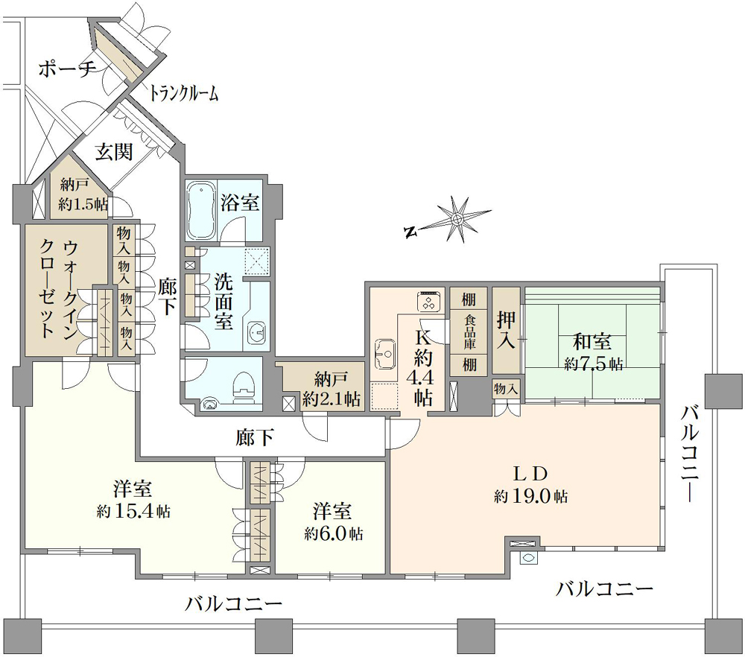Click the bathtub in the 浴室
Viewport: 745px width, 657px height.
(x=201, y=211)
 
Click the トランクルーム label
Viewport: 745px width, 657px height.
(x=183, y=93)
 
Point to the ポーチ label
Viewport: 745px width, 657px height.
(x=68, y=69)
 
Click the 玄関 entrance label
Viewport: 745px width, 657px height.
(x=114, y=152)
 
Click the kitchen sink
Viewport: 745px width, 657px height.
(x=385, y=354)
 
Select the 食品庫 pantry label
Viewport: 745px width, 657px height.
(x=469, y=331)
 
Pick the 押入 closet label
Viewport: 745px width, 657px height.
(x=507, y=331)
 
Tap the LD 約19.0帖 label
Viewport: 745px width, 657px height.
(x=530, y=484)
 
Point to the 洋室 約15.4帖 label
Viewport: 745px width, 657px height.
(x=133, y=499)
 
